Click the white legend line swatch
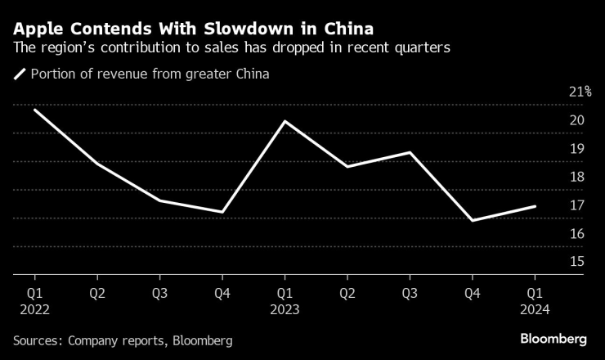pos(20,74)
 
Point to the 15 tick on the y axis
pos(576,262)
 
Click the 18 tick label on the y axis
pos(576,177)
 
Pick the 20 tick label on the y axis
pos(576,120)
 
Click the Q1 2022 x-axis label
pos(34,300)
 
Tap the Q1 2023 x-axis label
pos(285,300)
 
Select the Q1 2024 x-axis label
pos(535,300)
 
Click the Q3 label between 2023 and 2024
pos(410,292)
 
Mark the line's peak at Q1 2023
pos(285,121)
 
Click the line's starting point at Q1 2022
pos(34,109)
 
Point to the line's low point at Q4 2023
pos(473,221)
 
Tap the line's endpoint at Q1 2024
pos(535,206)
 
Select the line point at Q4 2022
pos(222,212)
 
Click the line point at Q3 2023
pos(410,152)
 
